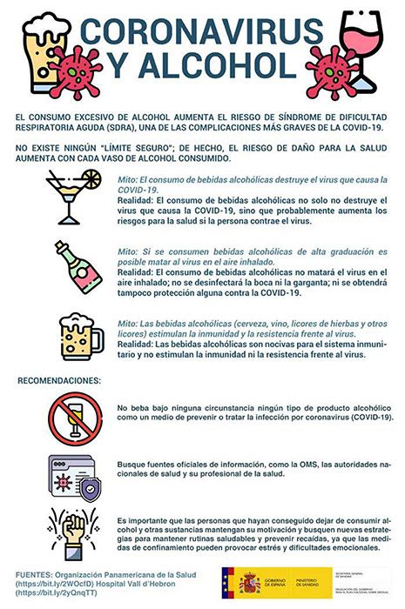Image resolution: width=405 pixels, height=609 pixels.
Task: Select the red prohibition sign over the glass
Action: pos(76,417)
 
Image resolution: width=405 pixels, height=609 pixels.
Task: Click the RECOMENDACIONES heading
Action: pos(58,380)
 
